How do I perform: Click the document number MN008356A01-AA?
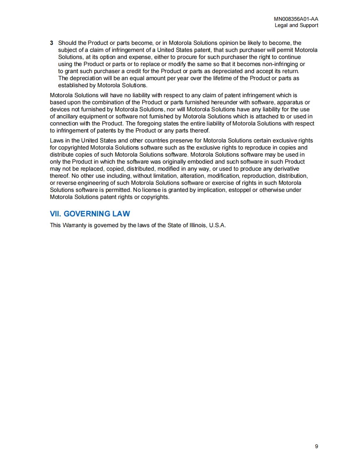296,19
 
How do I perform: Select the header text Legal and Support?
296,25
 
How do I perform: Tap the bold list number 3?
52,43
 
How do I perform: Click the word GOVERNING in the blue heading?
86,214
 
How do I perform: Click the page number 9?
316,446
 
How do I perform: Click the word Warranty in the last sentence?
75,226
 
